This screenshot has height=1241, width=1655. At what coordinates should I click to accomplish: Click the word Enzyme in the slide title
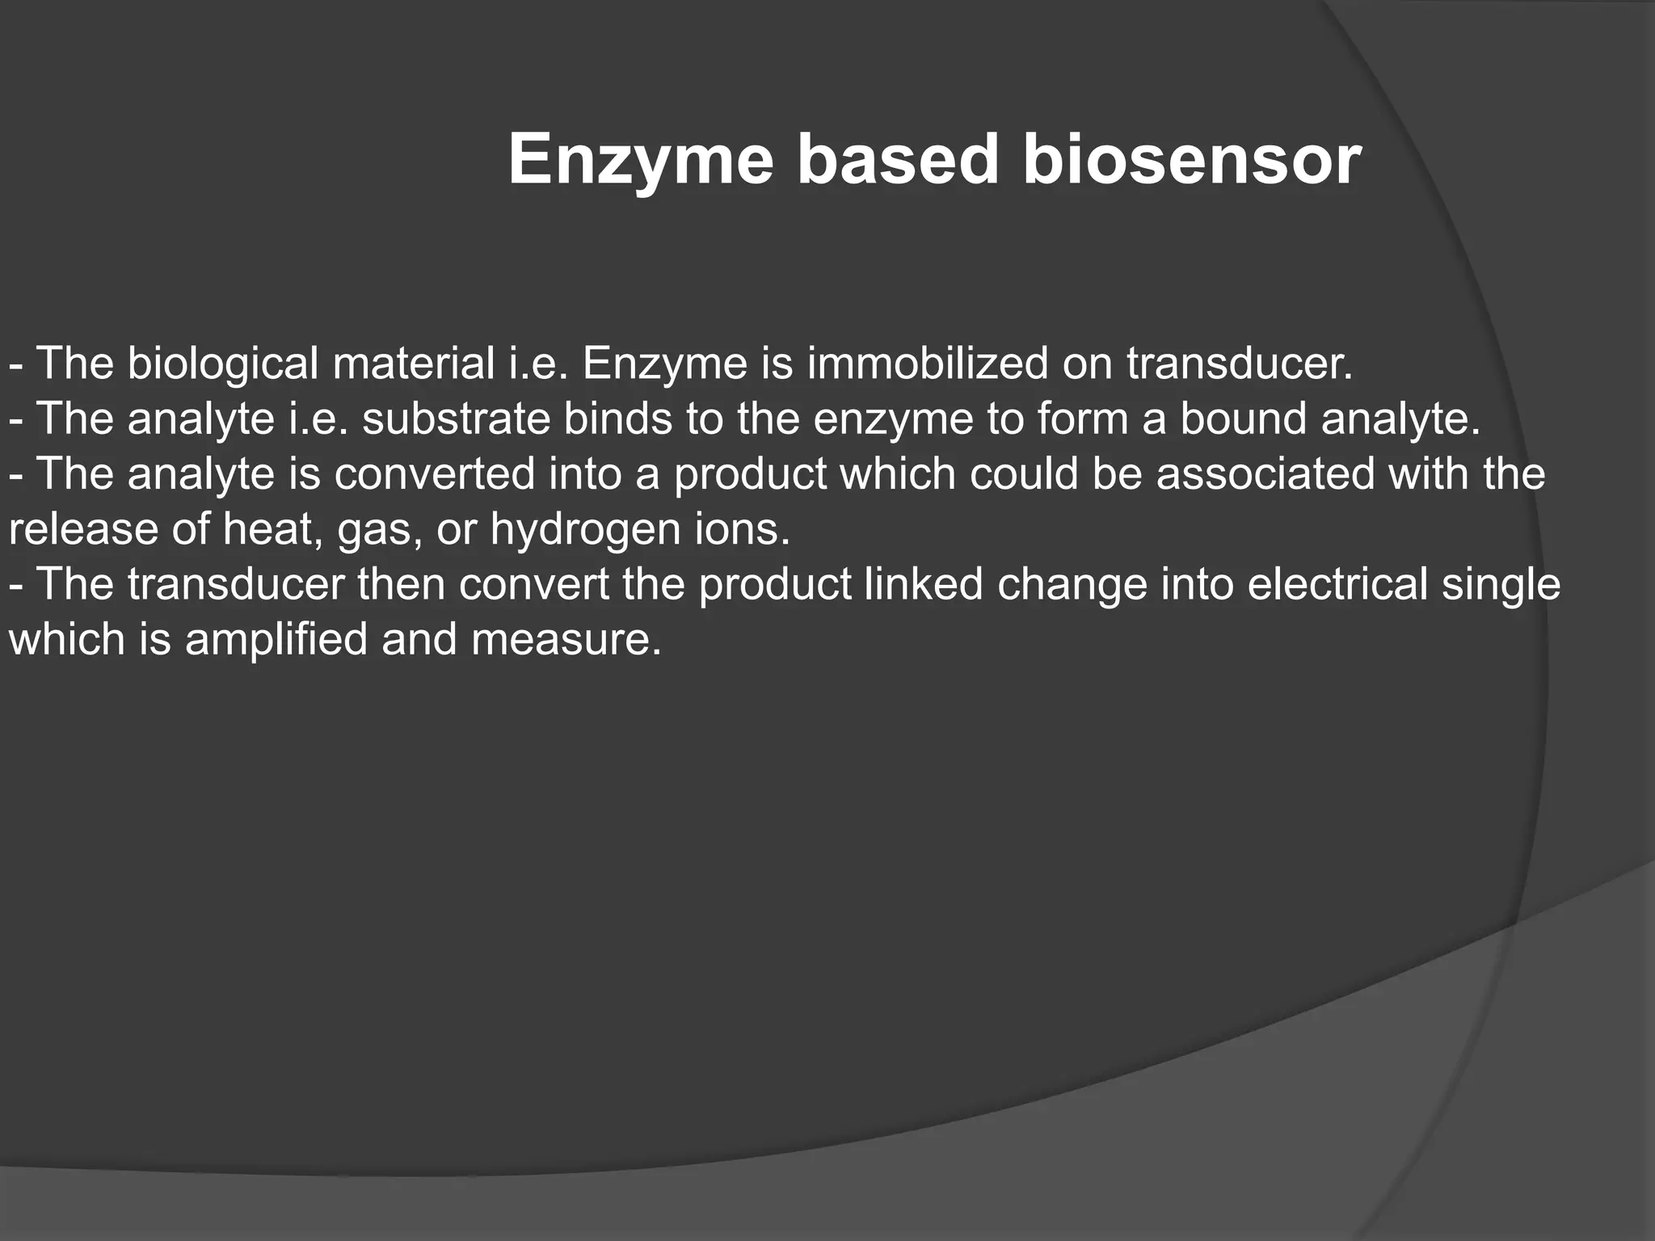[x=641, y=159]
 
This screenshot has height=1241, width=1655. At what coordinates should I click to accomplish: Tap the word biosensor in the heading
[x=1192, y=159]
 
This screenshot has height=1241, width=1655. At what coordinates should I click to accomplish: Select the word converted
[x=435, y=473]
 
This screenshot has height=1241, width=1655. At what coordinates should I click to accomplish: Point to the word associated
[x=1265, y=473]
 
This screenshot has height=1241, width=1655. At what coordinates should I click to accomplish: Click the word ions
[x=742, y=529]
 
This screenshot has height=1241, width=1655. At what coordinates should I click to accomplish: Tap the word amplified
[x=276, y=640]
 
